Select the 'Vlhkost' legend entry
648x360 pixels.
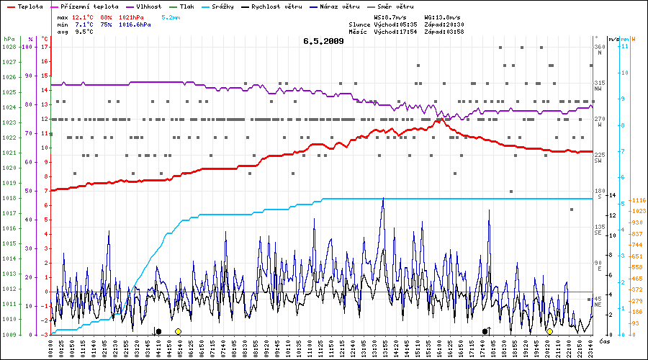[147, 6]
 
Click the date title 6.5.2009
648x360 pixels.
[323, 41]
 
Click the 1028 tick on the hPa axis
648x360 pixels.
[9, 47]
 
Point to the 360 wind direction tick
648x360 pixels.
[599, 47]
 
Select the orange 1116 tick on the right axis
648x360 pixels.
[638, 199]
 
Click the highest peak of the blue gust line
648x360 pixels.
[383, 198]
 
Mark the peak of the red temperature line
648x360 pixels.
[439, 120]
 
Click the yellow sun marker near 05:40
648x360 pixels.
[178, 331]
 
